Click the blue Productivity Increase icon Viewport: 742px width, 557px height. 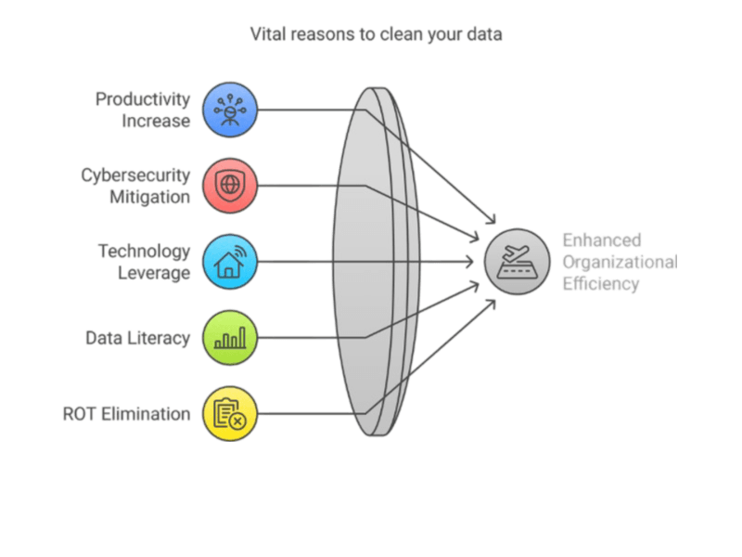[230, 109]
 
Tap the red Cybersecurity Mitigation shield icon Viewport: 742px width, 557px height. [230, 185]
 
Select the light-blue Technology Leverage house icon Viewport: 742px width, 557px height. [230, 262]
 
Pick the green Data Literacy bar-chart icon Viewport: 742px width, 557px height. [230, 337]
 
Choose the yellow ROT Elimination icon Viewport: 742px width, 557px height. [230, 414]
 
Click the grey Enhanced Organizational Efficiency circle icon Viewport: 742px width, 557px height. [518, 262]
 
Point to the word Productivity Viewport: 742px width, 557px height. [143, 99]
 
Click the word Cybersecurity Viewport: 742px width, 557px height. [135, 175]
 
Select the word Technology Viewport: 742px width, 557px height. [144, 252]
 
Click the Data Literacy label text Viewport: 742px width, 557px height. [137, 338]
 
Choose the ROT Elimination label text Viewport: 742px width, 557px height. [126, 414]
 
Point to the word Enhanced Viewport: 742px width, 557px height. [602, 240]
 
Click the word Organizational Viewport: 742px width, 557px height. [619, 262]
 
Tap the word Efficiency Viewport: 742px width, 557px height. [600, 284]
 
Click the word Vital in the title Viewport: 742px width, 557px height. [267, 34]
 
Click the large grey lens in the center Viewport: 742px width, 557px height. [371, 262]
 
